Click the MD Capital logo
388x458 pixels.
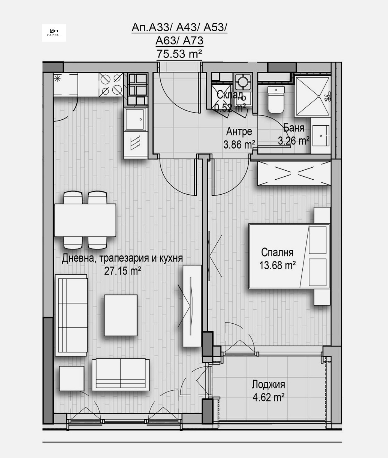coord(54,33)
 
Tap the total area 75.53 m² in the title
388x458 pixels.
coord(179,54)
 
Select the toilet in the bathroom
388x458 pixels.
coord(276,100)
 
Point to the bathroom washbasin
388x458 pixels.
coord(321,136)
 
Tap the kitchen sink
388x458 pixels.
coord(135,119)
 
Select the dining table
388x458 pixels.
coord(85,220)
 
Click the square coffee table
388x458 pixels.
coord(120,315)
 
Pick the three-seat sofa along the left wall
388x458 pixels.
coord(71,315)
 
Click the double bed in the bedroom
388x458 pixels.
coord(289,256)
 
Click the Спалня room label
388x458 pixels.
coord(277,252)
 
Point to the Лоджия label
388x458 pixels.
coord(268,384)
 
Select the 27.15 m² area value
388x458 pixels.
coord(123,271)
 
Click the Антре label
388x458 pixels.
coord(239,132)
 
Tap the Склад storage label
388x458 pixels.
coord(230,95)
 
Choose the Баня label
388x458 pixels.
coord(294,128)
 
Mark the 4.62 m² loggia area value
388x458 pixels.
coord(269,397)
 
